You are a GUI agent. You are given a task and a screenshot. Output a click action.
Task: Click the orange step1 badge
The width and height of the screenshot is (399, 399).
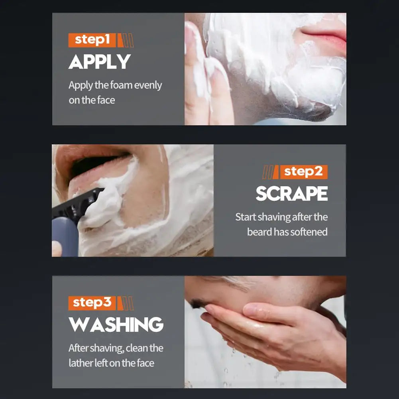(x=92, y=40)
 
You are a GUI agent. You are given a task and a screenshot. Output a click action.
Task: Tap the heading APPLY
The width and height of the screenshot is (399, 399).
(x=100, y=62)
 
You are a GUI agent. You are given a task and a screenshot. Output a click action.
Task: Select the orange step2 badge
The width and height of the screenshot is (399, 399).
(x=304, y=172)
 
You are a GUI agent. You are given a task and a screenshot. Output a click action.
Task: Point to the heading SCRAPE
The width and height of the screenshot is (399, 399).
(x=291, y=194)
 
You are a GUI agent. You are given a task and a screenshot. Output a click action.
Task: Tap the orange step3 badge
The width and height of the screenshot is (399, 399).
(x=92, y=303)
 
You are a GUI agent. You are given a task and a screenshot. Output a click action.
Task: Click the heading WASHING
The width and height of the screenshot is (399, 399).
(x=116, y=324)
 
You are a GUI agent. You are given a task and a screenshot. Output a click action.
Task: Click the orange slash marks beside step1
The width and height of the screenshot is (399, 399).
(x=127, y=40)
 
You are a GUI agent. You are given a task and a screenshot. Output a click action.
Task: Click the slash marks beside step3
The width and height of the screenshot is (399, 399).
(x=127, y=303)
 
